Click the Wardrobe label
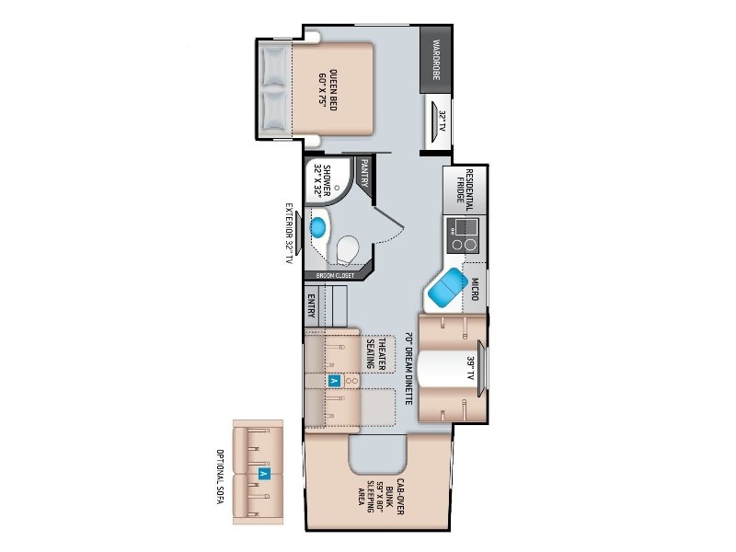coord(436,60)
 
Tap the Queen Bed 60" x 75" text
coord(328,89)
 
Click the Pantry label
coord(364,173)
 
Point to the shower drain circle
coord(337,187)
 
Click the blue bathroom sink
coord(318,227)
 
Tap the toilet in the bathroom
coord(348,248)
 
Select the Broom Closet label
coord(335,275)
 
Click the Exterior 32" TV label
coord(289,234)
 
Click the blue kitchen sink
coord(449,287)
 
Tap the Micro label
coord(475,289)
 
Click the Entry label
coord(311,306)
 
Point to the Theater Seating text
coord(376,353)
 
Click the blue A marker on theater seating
coord(333,381)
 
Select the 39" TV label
coord(471,369)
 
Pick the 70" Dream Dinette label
coord(408,369)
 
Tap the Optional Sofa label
coord(220,477)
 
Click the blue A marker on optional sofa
coord(264,474)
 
